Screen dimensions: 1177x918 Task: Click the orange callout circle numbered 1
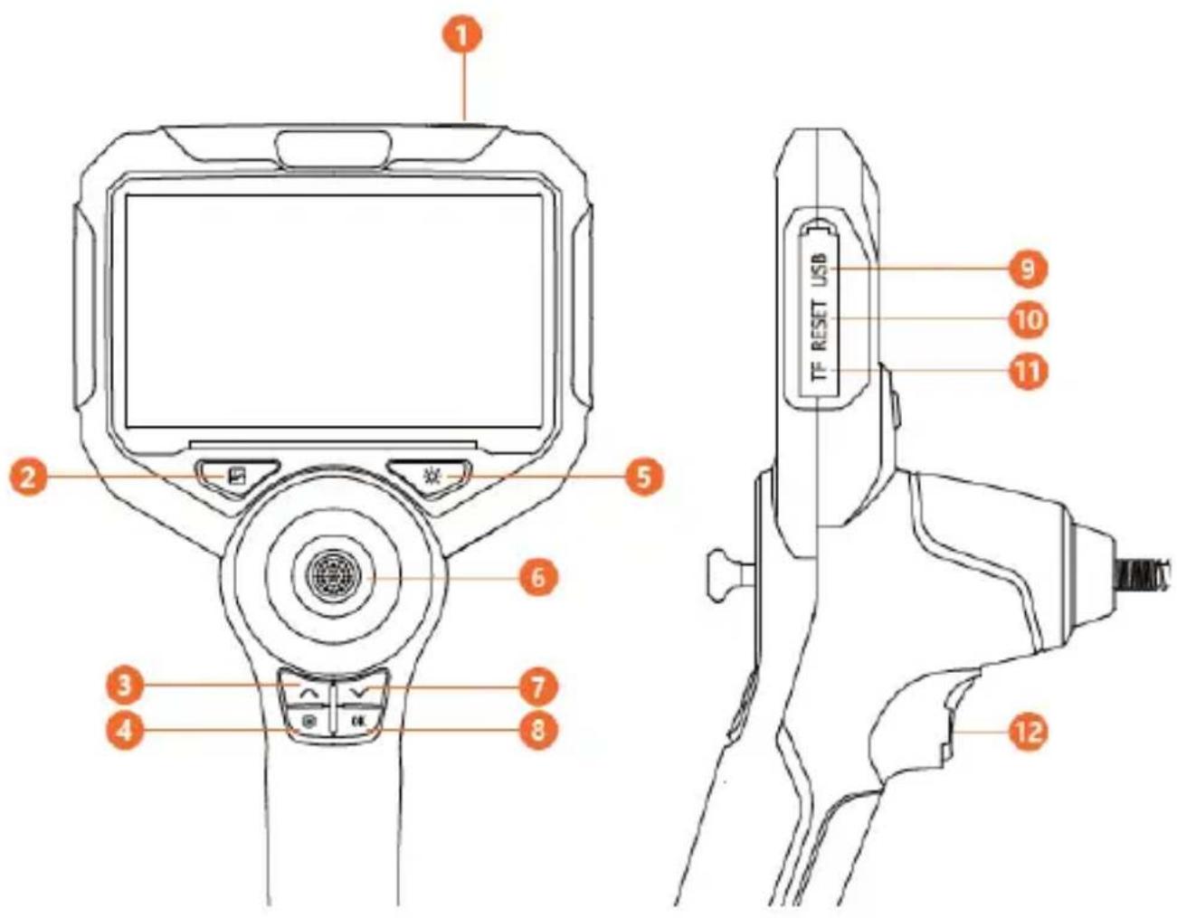coord(461,36)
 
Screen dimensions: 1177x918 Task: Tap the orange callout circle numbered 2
coord(29,477)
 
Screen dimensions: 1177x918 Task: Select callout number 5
coord(642,477)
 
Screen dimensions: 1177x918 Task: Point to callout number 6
coord(536,578)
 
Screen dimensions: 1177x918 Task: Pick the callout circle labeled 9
coord(1028,269)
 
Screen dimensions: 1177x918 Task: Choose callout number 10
coord(1028,320)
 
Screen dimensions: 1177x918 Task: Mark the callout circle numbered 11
coord(1028,372)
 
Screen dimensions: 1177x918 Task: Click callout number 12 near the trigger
coord(1028,733)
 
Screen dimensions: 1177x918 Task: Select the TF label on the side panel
coord(822,372)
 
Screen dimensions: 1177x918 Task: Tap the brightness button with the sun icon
coord(431,477)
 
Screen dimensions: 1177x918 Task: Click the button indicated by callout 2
coord(238,477)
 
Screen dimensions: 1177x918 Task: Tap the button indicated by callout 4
coord(308,724)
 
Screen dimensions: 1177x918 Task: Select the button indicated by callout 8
coord(358,724)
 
